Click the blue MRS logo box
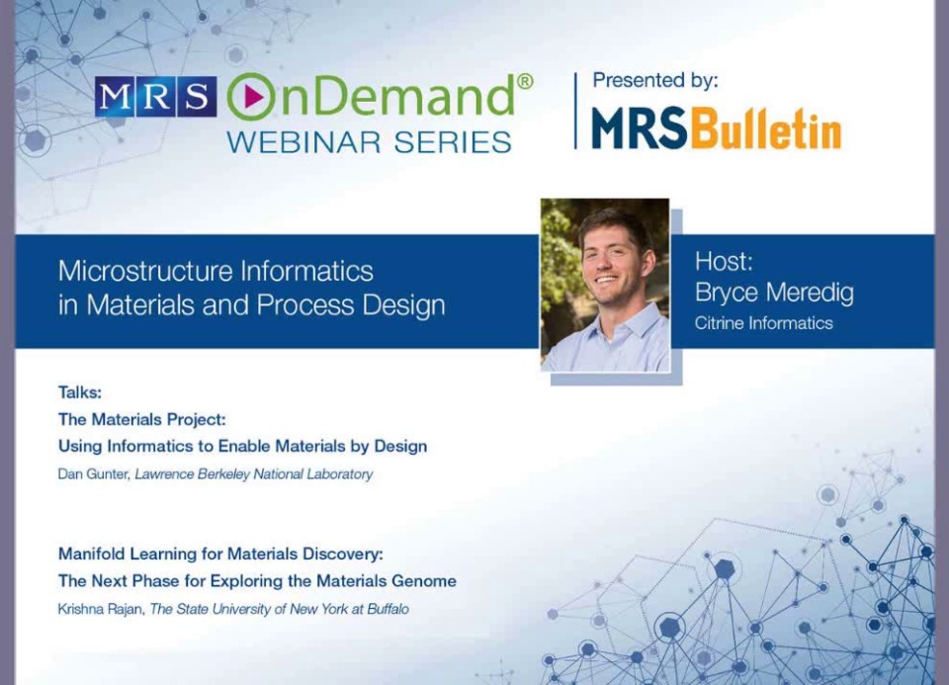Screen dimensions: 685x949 [x=155, y=97]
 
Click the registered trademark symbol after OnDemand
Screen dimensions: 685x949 [x=524, y=80]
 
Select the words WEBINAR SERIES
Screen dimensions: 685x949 [x=369, y=141]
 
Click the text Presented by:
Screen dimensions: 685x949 [x=654, y=80]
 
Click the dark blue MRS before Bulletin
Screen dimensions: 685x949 [x=640, y=128]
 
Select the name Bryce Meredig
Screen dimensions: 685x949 [x=773, y=294]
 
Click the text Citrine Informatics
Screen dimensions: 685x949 [x=763, y=323]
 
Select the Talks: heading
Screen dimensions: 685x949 [x=79, y=392]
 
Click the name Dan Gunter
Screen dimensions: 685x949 [x=93, y=474]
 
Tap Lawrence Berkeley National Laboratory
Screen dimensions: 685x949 [x=254, y=474]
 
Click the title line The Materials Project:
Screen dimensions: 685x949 [x=141, y=419]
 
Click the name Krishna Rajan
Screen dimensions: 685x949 [x=100, y=609]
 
